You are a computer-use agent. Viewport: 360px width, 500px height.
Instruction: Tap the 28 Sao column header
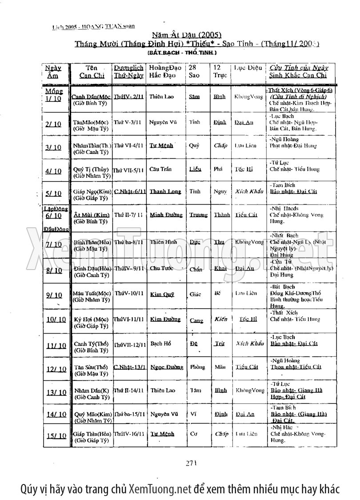194,72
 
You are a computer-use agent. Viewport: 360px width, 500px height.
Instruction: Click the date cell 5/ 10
53,194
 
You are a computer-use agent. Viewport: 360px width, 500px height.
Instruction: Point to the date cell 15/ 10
56,436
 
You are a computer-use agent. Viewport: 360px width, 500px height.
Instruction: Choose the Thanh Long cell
165,192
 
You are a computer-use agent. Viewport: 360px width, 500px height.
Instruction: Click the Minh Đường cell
166,215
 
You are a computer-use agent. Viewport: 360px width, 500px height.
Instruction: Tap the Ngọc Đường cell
166,367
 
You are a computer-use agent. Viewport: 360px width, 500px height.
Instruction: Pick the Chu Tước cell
161,268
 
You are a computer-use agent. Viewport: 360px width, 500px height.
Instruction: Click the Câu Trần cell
161,169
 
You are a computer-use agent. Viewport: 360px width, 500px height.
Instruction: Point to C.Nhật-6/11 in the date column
130,192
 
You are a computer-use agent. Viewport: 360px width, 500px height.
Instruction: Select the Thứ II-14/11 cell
128,390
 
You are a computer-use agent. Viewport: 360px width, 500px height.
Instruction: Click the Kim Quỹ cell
162,294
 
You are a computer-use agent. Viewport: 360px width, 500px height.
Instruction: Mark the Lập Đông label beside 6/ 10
55,208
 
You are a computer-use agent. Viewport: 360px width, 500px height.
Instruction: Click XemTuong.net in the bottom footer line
160,488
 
